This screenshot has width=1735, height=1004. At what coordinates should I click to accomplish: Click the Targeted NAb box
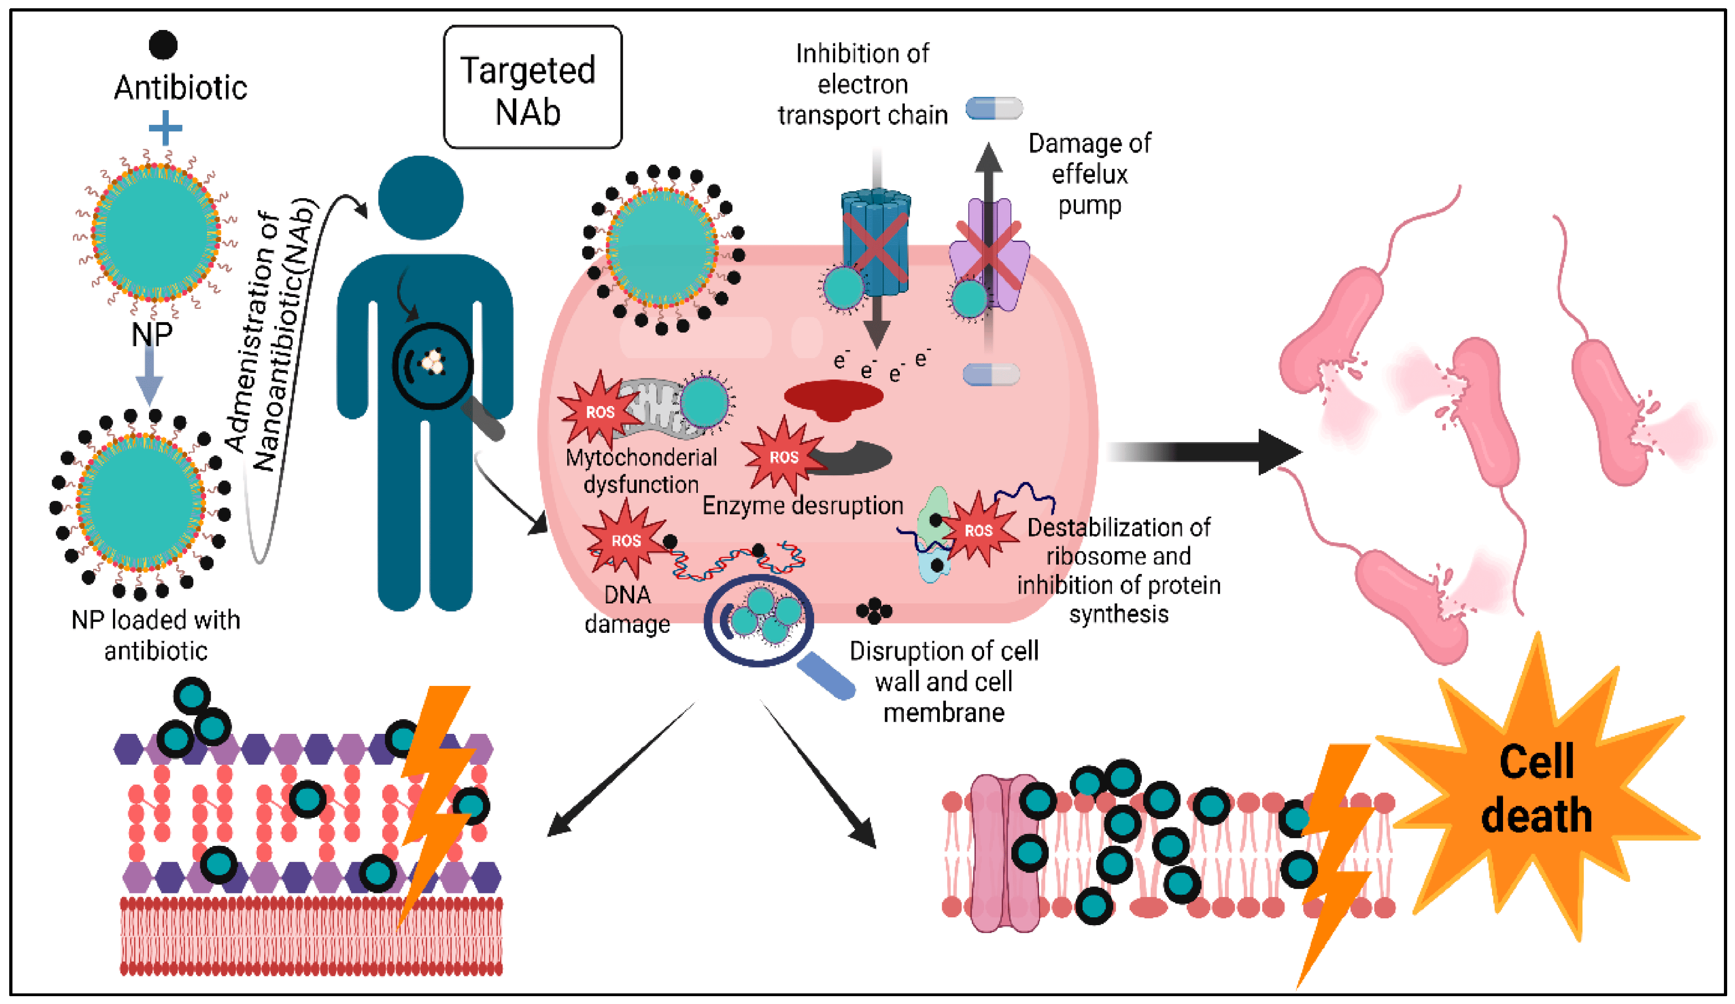[x=532, y=88]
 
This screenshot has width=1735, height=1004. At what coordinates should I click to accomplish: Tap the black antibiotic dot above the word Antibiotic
[x=163, y=45]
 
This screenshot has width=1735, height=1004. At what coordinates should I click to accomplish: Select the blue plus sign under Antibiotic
[x=165, y=128]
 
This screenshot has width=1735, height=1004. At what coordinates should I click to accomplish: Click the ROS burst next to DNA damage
[x=624, y=540]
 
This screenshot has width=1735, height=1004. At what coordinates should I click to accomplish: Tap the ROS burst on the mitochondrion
[x=598, y=412]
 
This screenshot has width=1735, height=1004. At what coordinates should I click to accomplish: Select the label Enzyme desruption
[x=802, y=506]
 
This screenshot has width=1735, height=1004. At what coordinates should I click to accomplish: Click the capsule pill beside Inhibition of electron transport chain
[x=993, y=108]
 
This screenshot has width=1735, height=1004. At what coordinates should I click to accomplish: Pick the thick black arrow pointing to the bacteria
[x=1205, y=452]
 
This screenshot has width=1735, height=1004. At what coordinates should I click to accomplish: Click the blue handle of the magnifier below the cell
[x=826, y=676]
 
